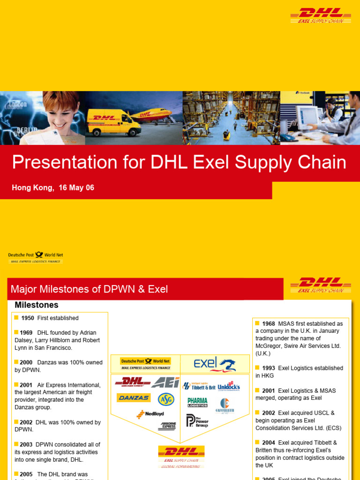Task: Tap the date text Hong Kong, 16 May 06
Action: [53, 187]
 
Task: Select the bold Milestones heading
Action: [37, 305]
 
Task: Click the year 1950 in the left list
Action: [28, 318]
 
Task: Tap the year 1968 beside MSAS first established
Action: [268, 324]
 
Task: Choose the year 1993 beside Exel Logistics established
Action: [268, 368]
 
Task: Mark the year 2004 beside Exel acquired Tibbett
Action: [268, 443]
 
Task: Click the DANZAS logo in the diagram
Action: [133, 398]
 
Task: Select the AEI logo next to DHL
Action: [165, 383]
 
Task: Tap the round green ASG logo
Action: [166, 399]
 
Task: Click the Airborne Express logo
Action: [167, 426]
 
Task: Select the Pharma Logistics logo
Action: [197, 402]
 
